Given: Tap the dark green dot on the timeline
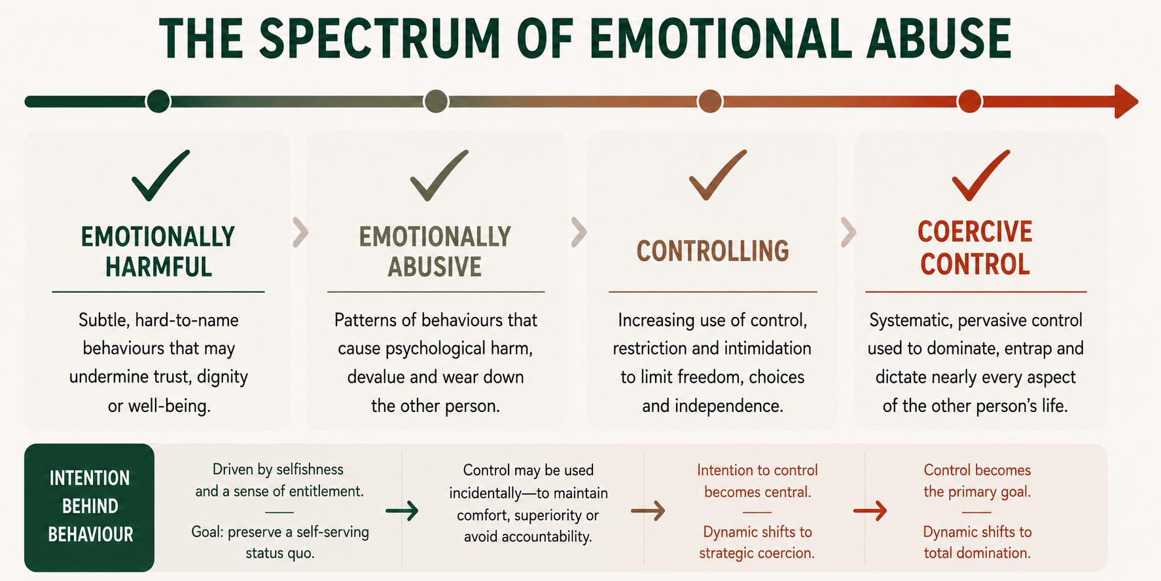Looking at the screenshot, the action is pyautogui.click(x=158, y=102).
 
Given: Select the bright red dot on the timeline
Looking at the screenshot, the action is pyautogui.click(x=969, y=102).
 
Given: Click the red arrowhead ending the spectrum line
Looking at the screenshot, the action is pyautogui.click(x=1126, y=102).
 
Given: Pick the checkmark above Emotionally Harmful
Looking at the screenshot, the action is pyautogui.click(x=160, y=175).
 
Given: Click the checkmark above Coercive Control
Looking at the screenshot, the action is pyautogui.click(x=980, y=175).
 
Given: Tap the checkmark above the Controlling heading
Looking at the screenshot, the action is pyautogui.click(x=717, y=175).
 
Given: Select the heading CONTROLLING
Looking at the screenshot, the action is pyautogui.click(x=713, y=251).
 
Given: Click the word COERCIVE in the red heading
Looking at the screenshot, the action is pyautogui.click(x=974, y=232).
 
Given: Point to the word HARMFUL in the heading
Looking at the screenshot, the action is pyautogui.click(x=158, y=267).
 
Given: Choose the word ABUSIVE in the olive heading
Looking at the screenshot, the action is pyautogui.click(x=435, y=267).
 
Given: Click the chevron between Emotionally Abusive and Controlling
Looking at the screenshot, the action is pyautogui.click(x=579, y=232).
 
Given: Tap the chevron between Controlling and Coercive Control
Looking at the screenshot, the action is pyautogui.click(x=848, y=232).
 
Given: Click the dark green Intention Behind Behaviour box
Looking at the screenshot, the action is pyautogui.click(x=90, y=507).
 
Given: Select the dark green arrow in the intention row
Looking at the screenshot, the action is pyautogui.click(x=402, y=511).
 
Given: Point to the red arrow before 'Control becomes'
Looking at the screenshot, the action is pyautogui.click(x=870, y=511).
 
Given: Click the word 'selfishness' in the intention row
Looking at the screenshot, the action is pyautogui.click(x=310, y=470).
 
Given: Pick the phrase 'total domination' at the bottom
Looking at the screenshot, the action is pyautogui.click(x=977, y=553).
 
